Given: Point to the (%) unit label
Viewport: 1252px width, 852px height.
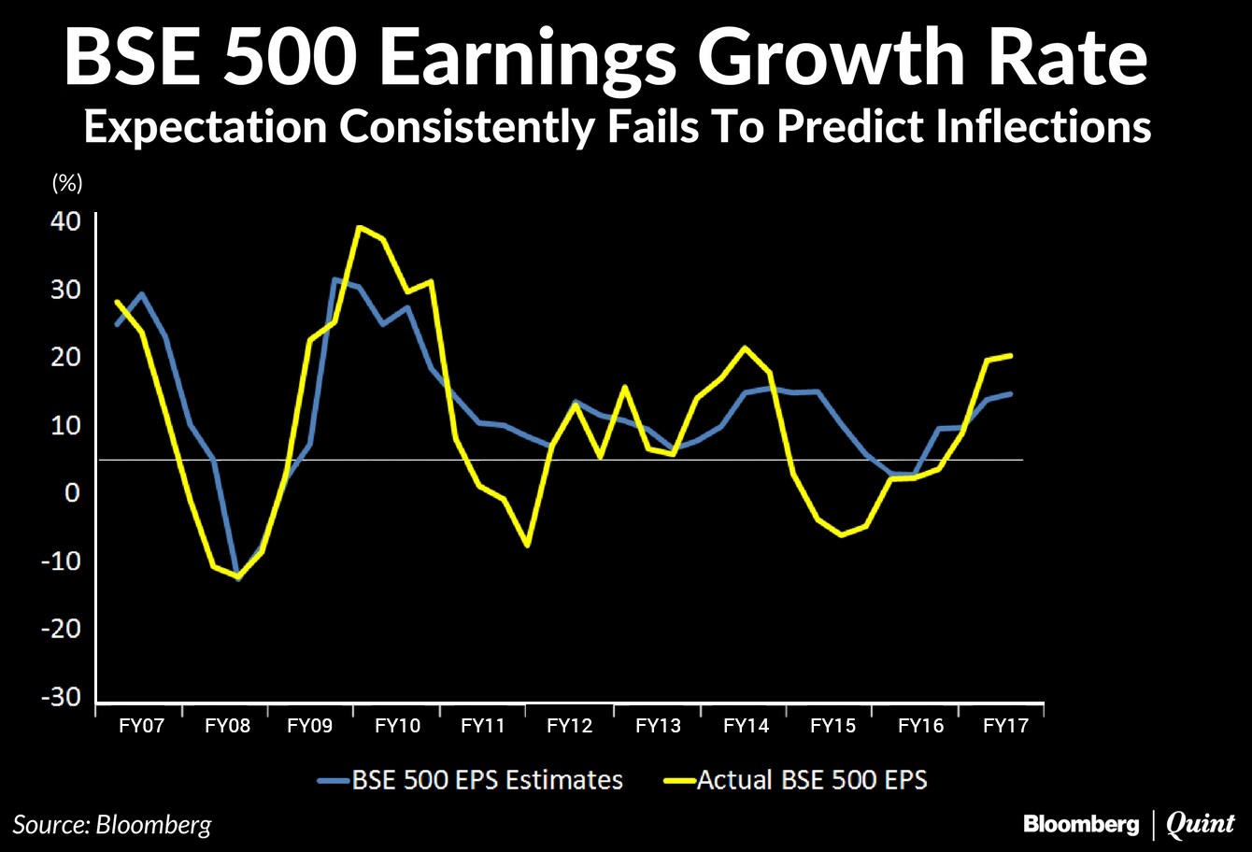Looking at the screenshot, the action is [x=67, y=183].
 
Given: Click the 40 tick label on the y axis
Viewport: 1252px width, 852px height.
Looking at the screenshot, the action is [x=65, y=221].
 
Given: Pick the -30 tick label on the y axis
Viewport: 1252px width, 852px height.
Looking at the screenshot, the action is [x=61, y=697].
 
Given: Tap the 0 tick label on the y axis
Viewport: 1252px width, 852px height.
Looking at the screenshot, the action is [x=72, y=492].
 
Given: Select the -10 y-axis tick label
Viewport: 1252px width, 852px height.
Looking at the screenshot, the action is [x=61, y=561].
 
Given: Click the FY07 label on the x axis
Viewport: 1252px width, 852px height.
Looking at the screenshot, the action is [x=141, y=726].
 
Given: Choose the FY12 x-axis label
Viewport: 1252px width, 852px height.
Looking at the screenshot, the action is [x=569, y=726].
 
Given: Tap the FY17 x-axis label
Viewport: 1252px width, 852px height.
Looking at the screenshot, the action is [x=1005, y=726].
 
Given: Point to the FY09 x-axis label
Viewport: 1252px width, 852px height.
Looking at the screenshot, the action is [x=309, y=726].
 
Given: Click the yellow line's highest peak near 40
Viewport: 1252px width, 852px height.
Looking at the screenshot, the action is [x=359, y=227].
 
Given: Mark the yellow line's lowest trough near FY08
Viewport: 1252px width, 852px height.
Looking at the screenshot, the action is [x=238, y=576].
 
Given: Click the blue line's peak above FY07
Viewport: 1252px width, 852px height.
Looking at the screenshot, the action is [x=141, y=293].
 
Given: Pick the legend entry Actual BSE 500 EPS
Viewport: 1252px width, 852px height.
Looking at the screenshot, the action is [x=795, y=780].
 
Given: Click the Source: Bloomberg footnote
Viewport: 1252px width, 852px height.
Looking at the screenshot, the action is [x=112, y=825].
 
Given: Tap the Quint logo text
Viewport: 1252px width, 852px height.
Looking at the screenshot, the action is [x=1200, y=825].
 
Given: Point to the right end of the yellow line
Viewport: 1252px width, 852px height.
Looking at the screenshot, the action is [x=1011, y=355].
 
